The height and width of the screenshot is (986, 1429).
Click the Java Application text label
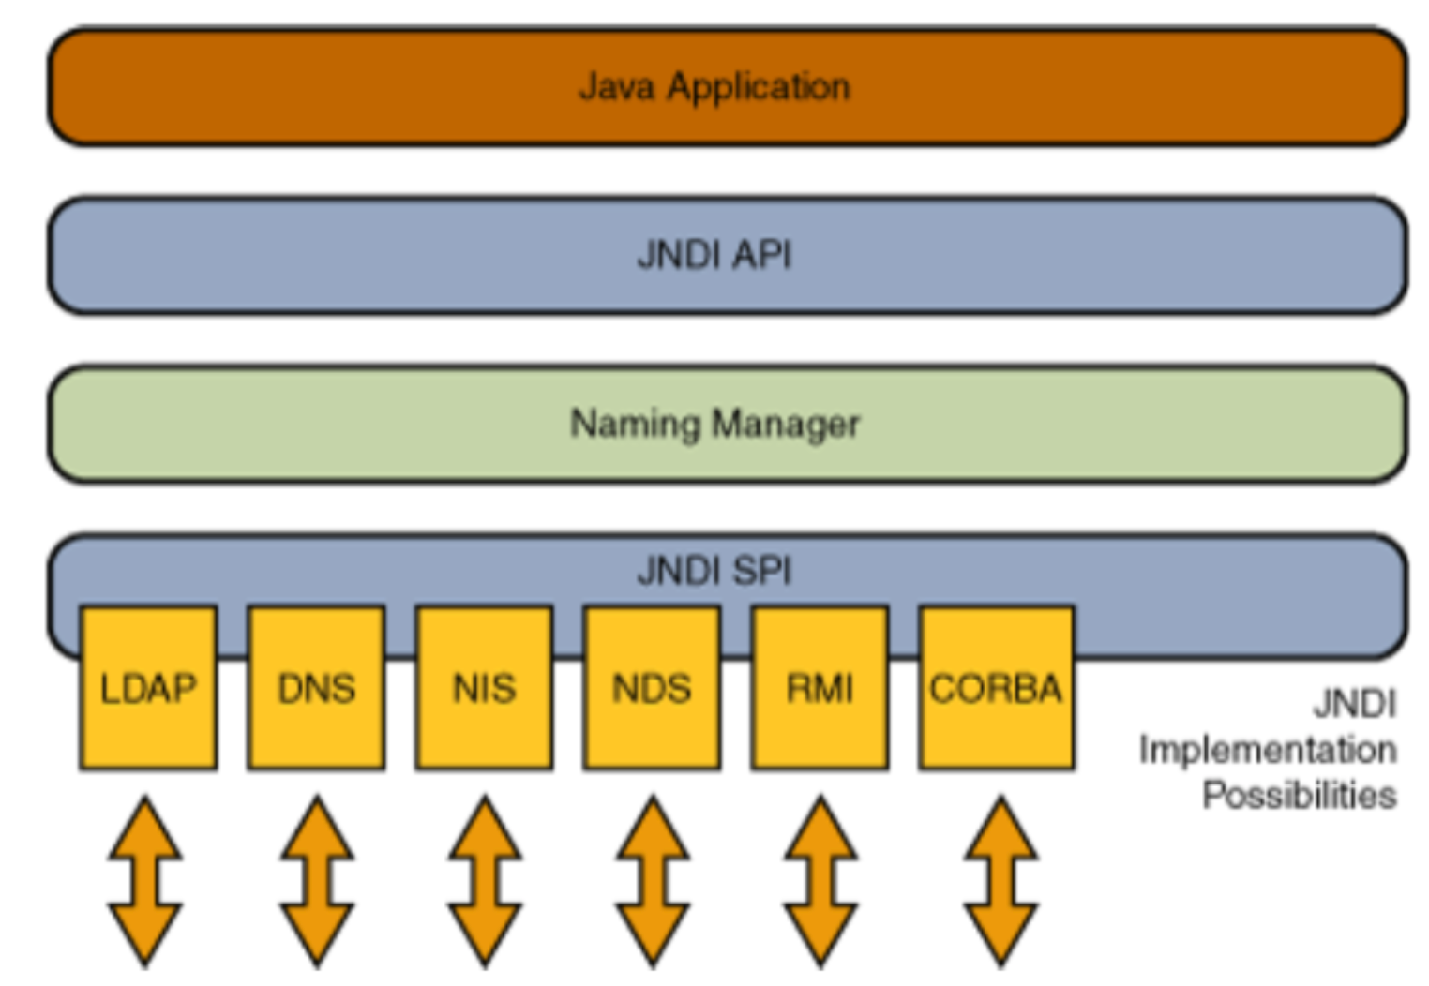tap(714, 87)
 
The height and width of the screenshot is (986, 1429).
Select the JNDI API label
tap(714, 255)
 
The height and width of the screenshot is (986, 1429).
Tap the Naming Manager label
tap(714, 424)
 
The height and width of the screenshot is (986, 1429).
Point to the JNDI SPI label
tap(714, 570)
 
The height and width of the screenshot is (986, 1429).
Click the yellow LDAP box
tap(148, 689)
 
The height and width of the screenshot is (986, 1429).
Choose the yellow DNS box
tap(317, 689)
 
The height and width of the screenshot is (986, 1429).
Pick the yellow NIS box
tap(484, 689)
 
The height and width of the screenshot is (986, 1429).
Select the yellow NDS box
tap(652, 689)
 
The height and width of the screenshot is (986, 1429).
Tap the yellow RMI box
tap(820, 689)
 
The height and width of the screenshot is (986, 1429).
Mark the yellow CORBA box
tap(996, 689)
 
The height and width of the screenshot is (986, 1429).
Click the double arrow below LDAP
tap(145, 881)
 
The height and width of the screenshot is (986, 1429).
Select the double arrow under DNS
tap(317, 881)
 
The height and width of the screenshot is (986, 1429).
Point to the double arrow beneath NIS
tap(485, 881)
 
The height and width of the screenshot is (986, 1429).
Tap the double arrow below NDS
tap(653, 881)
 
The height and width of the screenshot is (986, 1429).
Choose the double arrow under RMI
tap(820, 881)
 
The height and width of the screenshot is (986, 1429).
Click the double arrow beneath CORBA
tap(1000, 881)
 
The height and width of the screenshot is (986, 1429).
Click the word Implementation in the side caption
tap(1268, 750)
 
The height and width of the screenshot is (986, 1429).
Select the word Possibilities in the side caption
tap(1300, 795)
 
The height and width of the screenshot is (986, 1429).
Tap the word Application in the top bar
tap(759, 87)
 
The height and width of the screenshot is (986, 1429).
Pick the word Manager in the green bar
tap(786, 425)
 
